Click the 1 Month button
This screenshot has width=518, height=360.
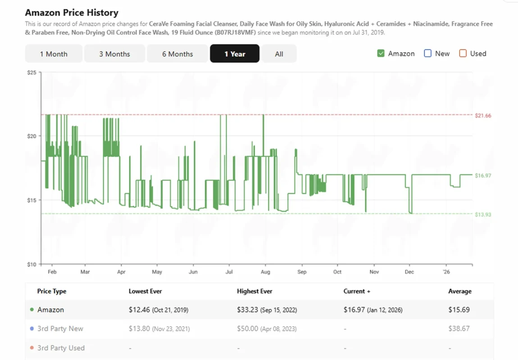pyautogui.click(x=54, y=54)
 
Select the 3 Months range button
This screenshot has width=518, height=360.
pyautogui.click(x=114, y=54)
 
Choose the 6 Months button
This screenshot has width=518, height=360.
pyautogui.click(x=177, y=54)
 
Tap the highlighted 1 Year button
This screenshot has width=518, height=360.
pyautogui.click(x=235, y=54)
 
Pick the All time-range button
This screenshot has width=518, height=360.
pyautogui.click(x=279, y=54)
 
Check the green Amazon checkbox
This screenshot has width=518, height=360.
pyautogui.click(x=381, y=54)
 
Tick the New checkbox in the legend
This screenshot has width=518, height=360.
pyautogui.click(x=428, y=54)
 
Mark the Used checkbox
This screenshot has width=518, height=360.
pyautogui.click(x=463, y=54)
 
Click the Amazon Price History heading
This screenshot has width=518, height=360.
pyautogui.click(x=72, y=13)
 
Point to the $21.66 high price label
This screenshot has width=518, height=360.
pyautogui.click(x=483, y=116)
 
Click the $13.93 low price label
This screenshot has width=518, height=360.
pyautogui.click(x=483, y=215)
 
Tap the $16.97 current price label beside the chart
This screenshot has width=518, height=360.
pyautogui.click(x=483, y=175)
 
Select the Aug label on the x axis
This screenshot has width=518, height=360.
pyautogui.click(x=265, y=272)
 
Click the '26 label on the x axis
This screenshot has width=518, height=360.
pyautogui.click(x=446, y=272)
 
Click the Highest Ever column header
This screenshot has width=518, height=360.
pyautogui.click(x=254, y=291)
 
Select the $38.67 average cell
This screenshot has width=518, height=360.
pyautogui.click(x=459, y=328)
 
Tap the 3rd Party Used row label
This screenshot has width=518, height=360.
pyautogui.click(x=61, y=348)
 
